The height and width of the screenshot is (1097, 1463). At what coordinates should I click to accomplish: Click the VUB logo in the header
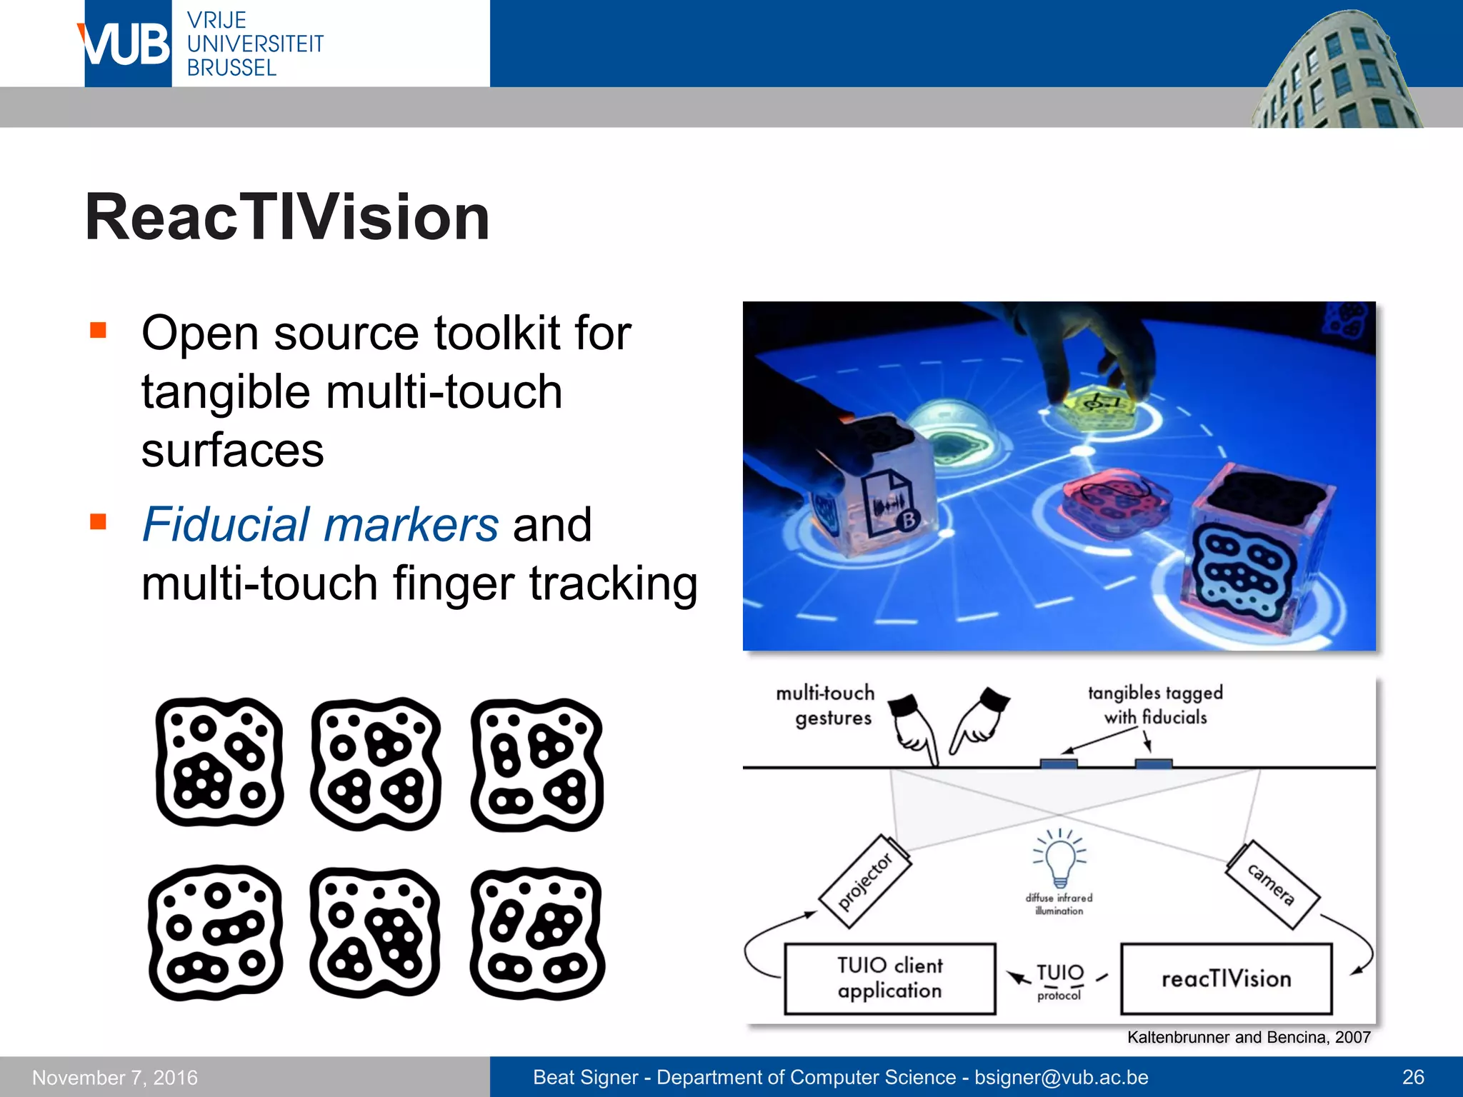[x=127, y=44]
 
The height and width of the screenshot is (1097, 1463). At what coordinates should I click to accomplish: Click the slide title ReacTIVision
[x=287, y=217]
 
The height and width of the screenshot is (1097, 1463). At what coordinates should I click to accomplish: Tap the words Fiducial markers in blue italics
[x=320, y=525]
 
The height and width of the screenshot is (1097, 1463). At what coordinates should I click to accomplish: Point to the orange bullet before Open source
[x=98, y=331]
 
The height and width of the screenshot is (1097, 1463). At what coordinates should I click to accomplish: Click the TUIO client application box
[x=889, y=978]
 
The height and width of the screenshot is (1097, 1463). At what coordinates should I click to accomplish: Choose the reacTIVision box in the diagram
[x=1226, y=978]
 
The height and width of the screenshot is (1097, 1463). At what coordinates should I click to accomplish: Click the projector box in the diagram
[x=865, y=882]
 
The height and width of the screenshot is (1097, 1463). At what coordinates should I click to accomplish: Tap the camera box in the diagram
[x=1272, y=885]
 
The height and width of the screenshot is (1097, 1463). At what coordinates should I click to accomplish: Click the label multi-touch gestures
[x=826, y=705]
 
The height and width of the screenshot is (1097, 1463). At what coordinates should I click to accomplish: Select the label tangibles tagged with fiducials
[x=1155, y=704]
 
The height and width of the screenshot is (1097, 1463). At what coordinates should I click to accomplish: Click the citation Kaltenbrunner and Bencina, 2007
[x=1248, y=1037]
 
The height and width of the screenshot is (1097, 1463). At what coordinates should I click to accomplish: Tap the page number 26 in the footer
[x=1413, y=1077]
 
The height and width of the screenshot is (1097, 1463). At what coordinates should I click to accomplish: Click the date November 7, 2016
[x=115, y=1077]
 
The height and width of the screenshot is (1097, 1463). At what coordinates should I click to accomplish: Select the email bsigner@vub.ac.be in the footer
[x=1061, y=1077]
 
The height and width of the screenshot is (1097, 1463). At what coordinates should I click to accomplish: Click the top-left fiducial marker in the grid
[x=219, y=762]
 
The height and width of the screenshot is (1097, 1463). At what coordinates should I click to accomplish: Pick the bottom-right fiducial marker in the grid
[x=537, y=933]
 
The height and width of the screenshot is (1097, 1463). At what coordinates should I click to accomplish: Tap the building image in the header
[x=1336, y=71]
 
